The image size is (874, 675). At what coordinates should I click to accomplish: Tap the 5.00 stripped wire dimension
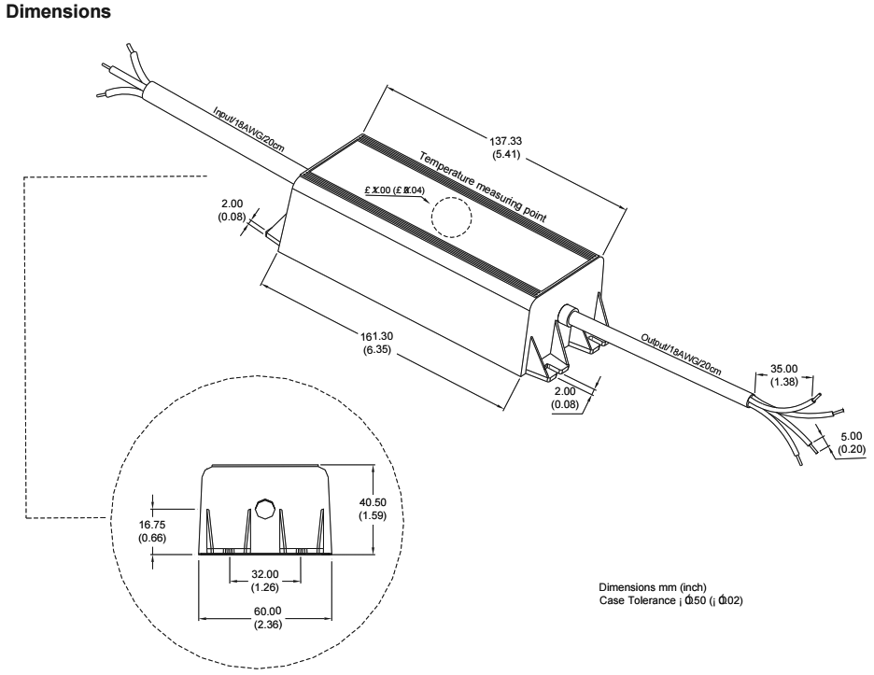[852, 436]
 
